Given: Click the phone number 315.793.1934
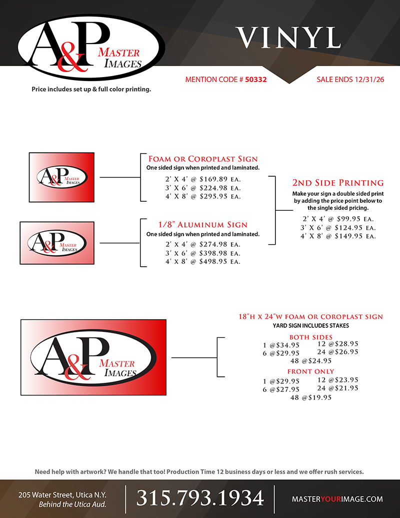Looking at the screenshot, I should coord(200,498).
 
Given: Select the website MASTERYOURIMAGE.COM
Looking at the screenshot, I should coord(337,499).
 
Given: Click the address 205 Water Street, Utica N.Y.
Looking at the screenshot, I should coord(62,494).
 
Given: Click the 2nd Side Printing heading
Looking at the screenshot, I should coord(338,183).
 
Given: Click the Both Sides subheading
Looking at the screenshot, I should coord(310,337).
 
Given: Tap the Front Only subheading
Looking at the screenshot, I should coord(310,371).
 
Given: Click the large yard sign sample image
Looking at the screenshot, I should coord(93,357).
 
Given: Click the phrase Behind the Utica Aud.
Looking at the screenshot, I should coord(72,504).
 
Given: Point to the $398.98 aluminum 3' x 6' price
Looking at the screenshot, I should coord(212,253).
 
